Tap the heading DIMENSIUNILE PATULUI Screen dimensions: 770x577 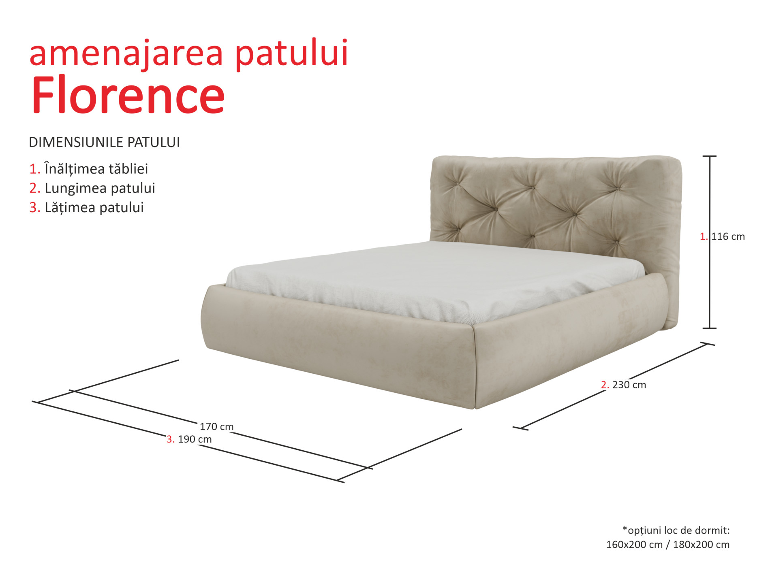point(104,142)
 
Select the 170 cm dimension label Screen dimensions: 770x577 point(216,426)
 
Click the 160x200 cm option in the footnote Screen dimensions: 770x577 point(634,545)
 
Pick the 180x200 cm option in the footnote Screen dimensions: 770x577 point(701,545)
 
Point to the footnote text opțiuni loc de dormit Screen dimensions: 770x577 point(678,530)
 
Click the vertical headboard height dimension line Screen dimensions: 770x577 point(710,242)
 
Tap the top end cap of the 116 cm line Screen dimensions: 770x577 point(710,156)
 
